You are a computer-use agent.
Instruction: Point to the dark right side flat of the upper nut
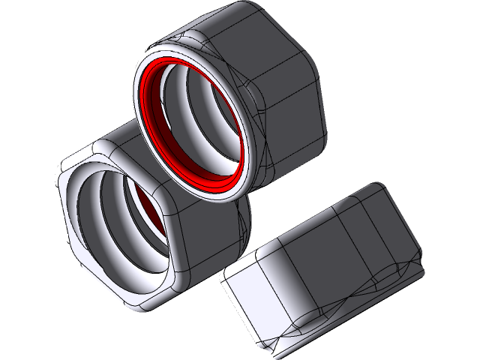pyautogui.click(x=292, y=112)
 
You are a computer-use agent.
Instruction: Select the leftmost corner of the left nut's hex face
pyautogui.click(x=60, y=180)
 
